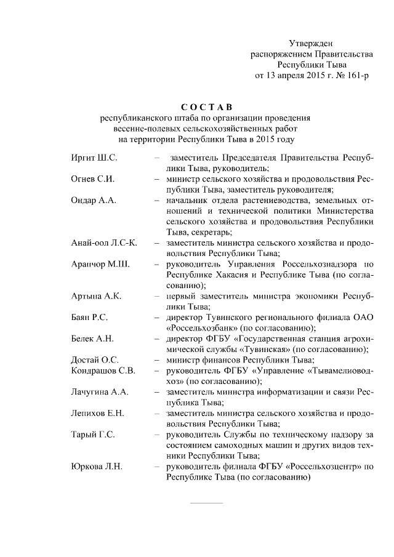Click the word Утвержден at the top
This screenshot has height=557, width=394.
[x=311, y=43]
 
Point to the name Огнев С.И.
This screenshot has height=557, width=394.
[x=94, y=179]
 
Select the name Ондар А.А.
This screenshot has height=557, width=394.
[x=94, y=201]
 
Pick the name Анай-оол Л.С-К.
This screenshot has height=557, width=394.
[x=105, y=243]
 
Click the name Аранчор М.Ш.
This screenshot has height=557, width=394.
[x=100, y=265]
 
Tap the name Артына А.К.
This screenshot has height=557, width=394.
[x=97, y=296]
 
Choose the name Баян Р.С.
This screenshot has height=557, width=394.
[x=90, y=318]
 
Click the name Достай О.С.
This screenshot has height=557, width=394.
[x=95, y=360]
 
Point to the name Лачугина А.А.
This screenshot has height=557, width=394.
[x=100, y=392]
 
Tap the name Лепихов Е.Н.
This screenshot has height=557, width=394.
[x=97, y=414]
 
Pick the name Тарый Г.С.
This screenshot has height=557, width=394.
[x=93, y=435]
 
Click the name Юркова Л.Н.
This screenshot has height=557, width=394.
[x=97, y=467]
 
